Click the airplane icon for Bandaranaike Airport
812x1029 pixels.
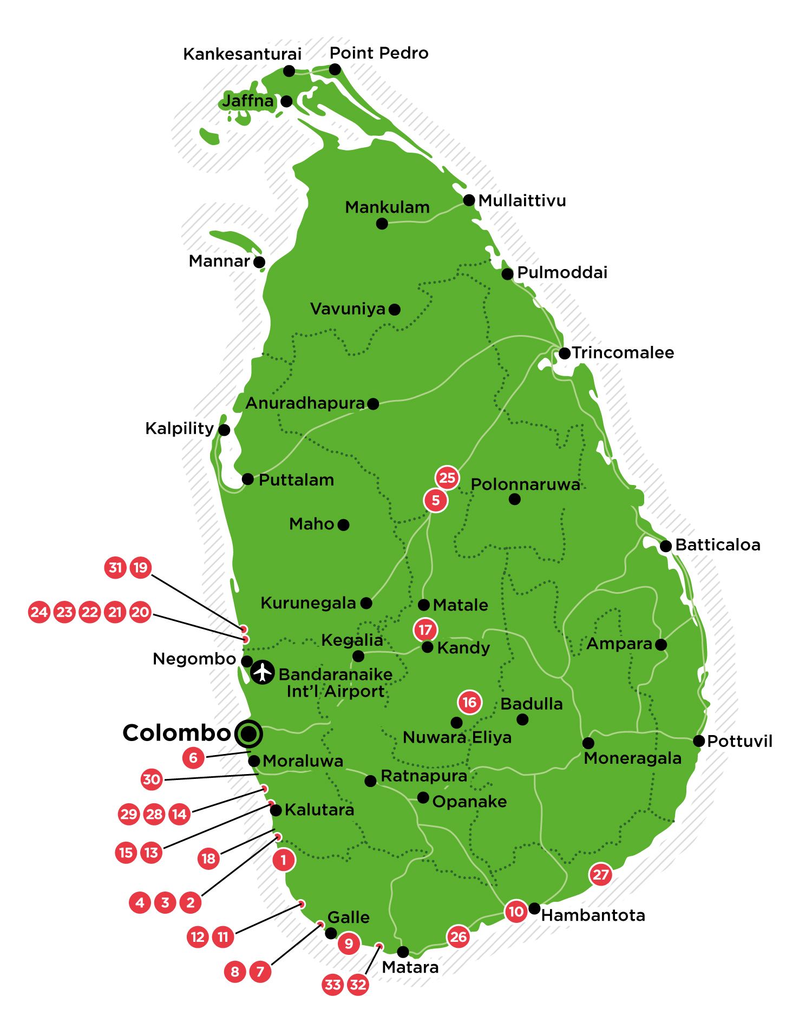263,672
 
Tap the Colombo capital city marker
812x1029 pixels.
248,734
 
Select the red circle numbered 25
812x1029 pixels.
447,477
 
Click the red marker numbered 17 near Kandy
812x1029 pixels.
425,630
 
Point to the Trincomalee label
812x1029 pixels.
623,353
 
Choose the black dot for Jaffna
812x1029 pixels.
287,101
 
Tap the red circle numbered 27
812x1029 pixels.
601,874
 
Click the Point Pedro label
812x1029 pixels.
379,53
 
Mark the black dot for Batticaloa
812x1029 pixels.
666,546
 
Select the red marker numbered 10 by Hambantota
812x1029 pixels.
516,912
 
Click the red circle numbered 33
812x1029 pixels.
333,984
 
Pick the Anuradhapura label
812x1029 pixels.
305,403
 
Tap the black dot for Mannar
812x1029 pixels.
259,262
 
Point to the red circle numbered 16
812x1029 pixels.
469,703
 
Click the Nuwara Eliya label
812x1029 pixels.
457,737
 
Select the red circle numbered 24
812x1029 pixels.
39,612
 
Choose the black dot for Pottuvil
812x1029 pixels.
699,741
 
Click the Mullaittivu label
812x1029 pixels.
522,201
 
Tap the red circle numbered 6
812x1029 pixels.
193,757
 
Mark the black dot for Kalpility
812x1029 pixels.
224,430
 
